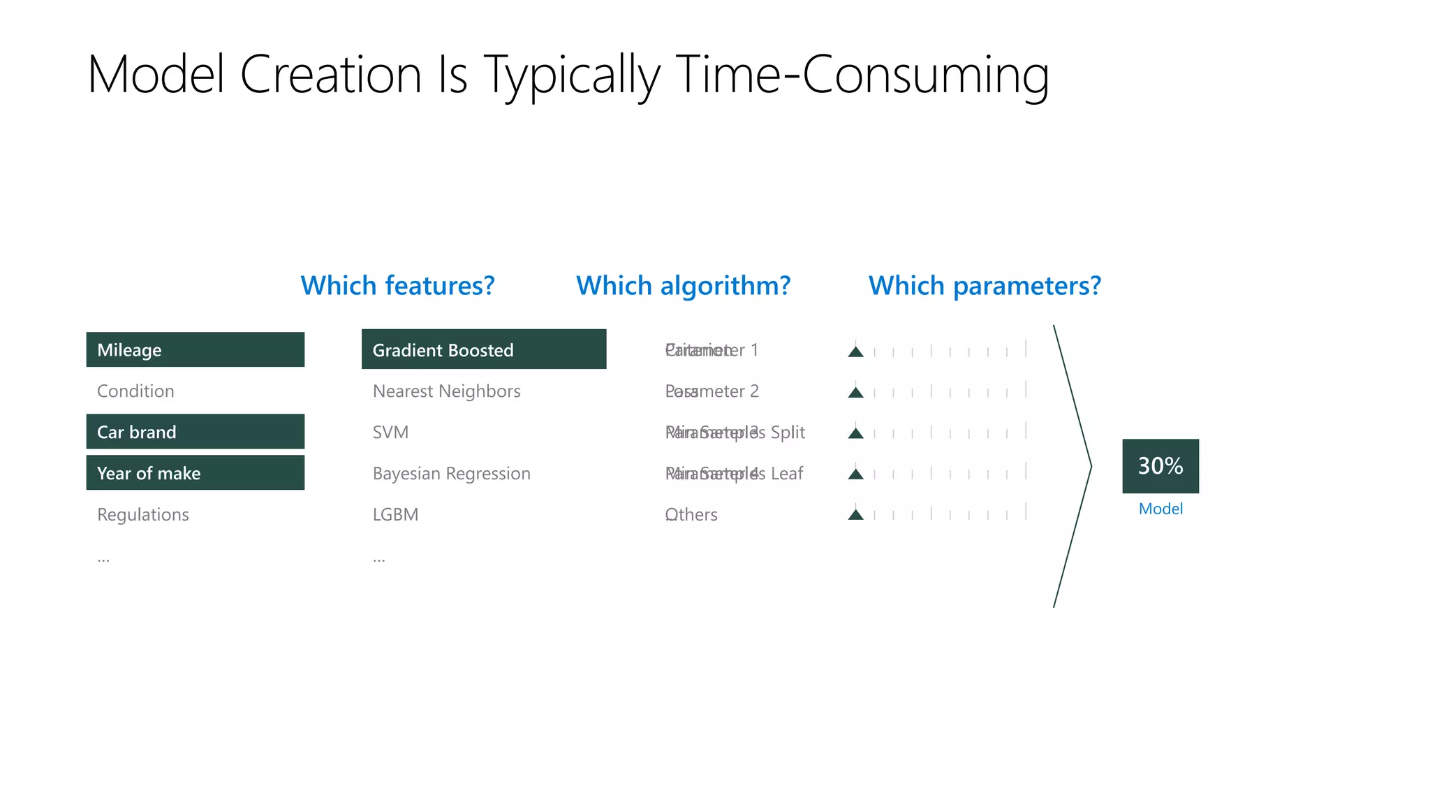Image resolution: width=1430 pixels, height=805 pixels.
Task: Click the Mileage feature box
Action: click(195, 349)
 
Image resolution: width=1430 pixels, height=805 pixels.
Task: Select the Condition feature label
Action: click(135, 391)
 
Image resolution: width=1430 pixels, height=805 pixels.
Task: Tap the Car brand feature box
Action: click(195, 432)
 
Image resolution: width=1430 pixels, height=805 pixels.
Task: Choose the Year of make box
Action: click(195, 473)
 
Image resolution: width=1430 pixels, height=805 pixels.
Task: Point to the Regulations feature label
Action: click(143, 515)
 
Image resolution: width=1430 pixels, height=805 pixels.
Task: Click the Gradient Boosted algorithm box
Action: click(483, 349)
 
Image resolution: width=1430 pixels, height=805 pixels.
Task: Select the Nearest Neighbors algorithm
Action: click(446, 391)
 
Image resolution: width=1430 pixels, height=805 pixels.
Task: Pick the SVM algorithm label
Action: click(390, 433)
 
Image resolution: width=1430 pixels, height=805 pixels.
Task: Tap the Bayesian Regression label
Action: click(451, 474)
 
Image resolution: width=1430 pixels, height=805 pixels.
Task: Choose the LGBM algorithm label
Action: click(395, 515)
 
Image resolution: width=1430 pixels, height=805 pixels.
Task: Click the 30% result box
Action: click(1160, 465)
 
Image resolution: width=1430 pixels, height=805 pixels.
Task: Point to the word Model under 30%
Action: click(1160, 509)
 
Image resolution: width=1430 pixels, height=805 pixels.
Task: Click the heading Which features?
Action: click(397, 286)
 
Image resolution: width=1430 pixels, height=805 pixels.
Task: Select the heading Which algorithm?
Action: click(683, 286)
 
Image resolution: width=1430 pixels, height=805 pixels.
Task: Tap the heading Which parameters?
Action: click(985, 286)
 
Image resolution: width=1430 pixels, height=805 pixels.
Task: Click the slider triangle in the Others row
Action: click(855, 515)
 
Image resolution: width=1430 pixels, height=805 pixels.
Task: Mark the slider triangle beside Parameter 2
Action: click(855, 393)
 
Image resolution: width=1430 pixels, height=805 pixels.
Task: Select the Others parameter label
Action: click(691, 515)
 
